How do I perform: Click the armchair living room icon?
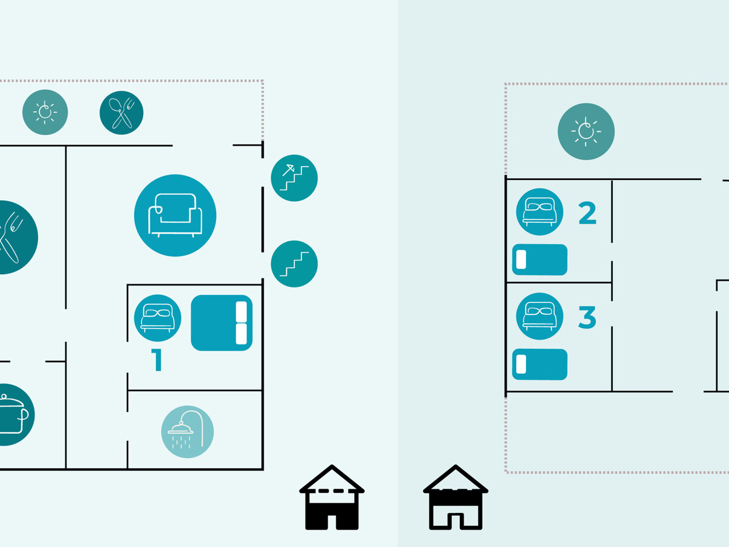pyautogui.click(x=175, y=215)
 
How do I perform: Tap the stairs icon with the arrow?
pyautogui.click(x=294, y=177)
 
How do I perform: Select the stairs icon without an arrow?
pyautogui.click(x=294, y=264)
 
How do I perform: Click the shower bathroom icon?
pyautogui.click(x=187, y=432)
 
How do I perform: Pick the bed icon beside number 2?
pyautogui.click(x=539, y=212)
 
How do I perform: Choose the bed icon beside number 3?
pyautogui.click(x=539, y=316)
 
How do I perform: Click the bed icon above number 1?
pyautogui.click(x=157, y=318)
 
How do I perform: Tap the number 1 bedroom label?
pyautogui.click(x=156, y=360)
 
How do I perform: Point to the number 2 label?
pyautogui.click(x=587, y=213)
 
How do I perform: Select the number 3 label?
pyautogui.click(x=587, y=317)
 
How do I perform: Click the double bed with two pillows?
pyautogui.click(x=222, y=323)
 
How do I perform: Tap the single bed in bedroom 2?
pyautogui.click(x=539, y=260)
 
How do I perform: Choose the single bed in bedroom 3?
pyautogui.click(x=539, y=364)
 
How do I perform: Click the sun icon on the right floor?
pyautogui.click(x=586, y=131)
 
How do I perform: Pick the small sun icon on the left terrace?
pyautogui.click(x=45, y=112)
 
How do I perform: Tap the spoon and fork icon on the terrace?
pyautogui.click(x=122, y=112)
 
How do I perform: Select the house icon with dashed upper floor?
pyautogui.click(x=332, y=497)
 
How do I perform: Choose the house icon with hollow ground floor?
pyautogui.click(x=456, y=497)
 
